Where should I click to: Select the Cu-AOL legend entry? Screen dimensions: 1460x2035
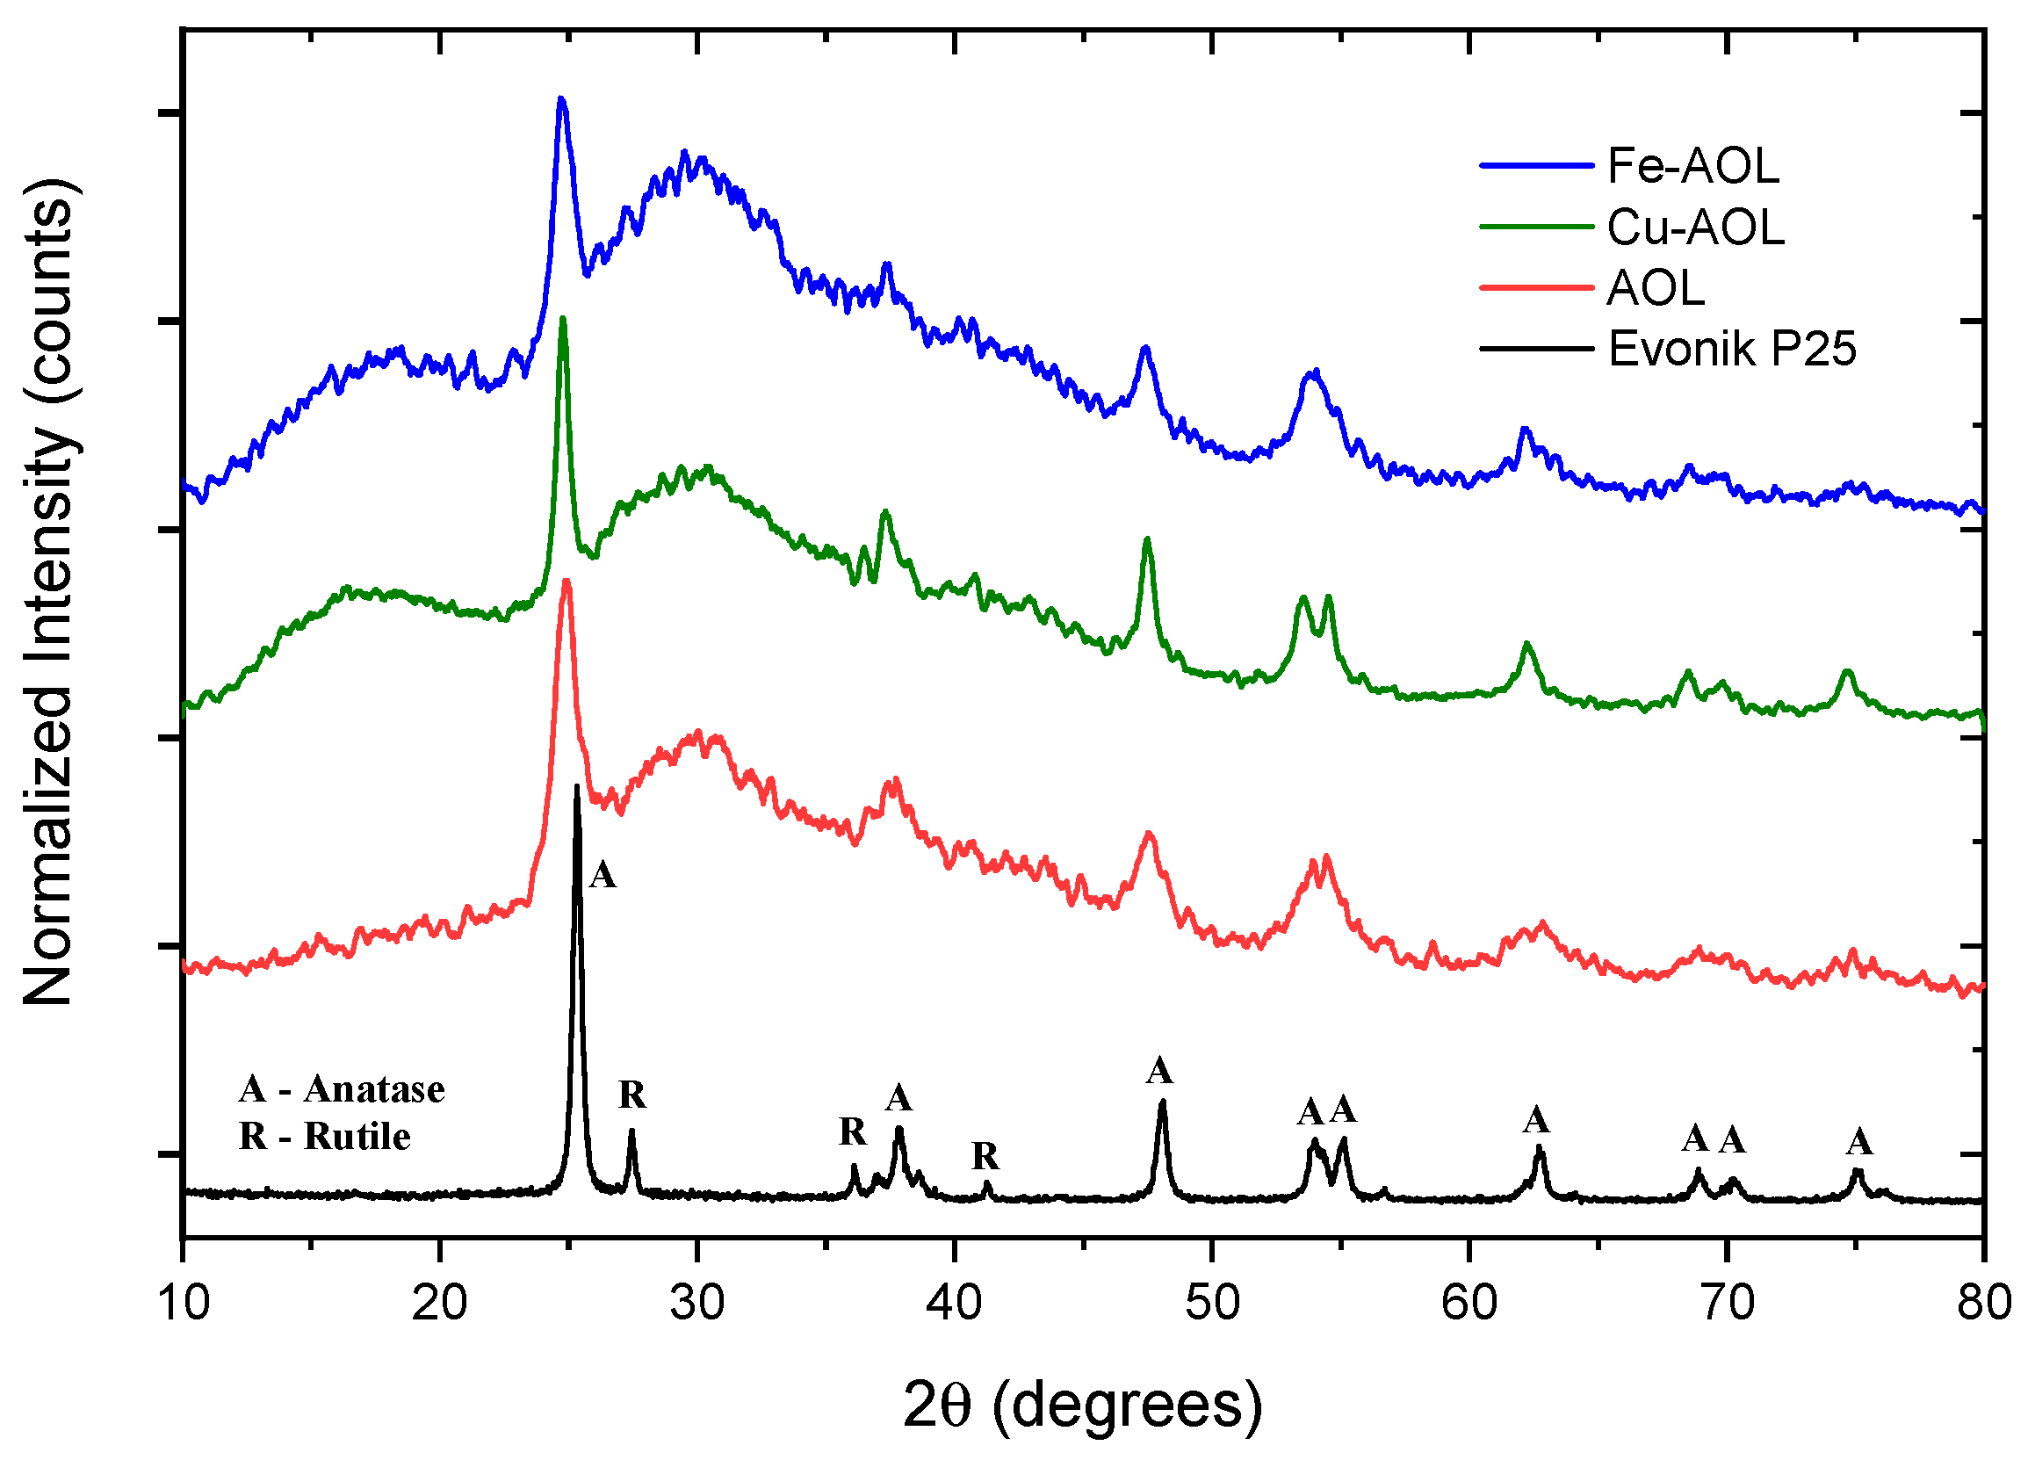click(x=1695, y=227)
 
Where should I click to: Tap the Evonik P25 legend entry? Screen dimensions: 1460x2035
click(x=1731, y=348)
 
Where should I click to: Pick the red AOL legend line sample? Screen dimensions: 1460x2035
click(x=1535, y=288)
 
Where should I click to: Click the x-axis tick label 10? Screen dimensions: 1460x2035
click(x=183, y=1302)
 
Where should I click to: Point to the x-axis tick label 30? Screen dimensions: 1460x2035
click(x=697, y=1302)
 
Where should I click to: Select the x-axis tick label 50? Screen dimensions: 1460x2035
click(x=1212, y=1302)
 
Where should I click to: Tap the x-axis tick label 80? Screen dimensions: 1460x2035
click(x=1984, y=1302)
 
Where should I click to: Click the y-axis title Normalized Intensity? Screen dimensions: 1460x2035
click(x=49, y=592)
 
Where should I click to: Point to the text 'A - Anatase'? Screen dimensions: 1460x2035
click(x=342, y=1089)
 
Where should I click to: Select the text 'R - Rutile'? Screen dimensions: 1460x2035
click(x=325, y=1137)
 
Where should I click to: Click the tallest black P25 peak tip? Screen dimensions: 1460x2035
click(x=576, y=787)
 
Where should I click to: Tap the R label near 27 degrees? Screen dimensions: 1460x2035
click(x=632, y=1095)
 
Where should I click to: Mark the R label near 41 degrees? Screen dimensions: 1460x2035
click(x=985, y=1157)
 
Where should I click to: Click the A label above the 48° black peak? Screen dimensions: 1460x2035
click(x=1159, y=1071)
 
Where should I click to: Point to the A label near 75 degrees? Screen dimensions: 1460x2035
click(x=1859, y=1142)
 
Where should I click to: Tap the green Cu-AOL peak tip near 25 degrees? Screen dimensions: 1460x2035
click(x=563, y=319)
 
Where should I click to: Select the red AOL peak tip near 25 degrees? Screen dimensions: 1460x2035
click(x=566, y=581)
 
